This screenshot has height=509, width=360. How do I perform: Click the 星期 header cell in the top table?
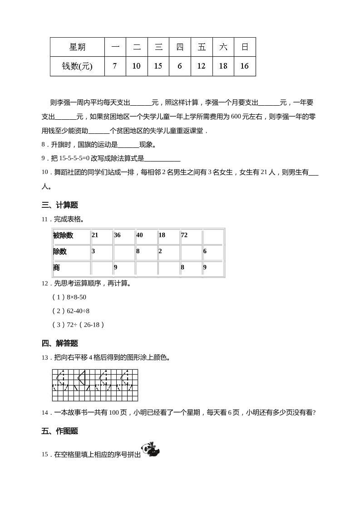77,47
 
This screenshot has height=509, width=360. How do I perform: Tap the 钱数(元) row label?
77,66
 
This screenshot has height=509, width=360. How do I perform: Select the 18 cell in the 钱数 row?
223,66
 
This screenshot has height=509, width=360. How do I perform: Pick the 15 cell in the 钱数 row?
158,66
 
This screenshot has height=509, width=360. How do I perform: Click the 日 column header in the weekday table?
245,47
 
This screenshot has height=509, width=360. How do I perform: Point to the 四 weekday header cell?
180,47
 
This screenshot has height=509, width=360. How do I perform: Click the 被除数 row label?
63,235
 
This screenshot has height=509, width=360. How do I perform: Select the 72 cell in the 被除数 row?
184,235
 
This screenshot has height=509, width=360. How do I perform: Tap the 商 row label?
57,268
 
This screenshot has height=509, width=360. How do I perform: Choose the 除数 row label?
60,251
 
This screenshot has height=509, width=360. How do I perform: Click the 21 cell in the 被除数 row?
95,235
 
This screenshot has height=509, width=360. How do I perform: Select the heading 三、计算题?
59,206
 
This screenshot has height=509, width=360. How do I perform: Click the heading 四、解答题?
59,343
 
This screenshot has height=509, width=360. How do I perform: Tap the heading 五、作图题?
59,431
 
